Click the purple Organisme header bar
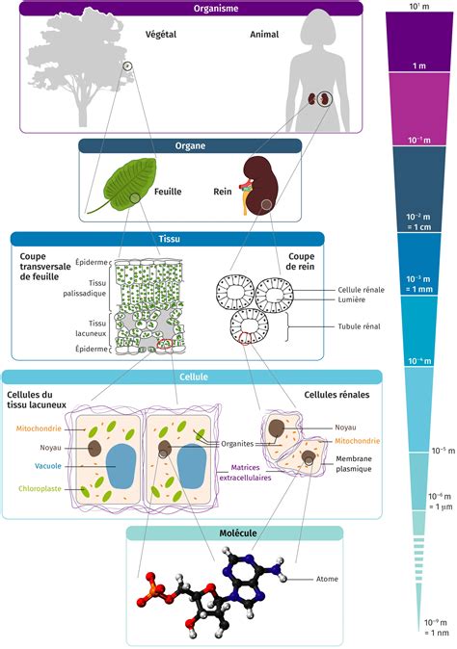pos(191,8)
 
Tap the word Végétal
pos(161,35)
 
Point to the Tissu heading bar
pos(168,239)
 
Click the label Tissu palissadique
pos(85,288)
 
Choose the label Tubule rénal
pos(359,326)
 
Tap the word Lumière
pos(351,299)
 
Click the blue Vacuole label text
pos(48,466)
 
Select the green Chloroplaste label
pos(40,489)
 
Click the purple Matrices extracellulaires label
pos(245,473)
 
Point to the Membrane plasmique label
pos(354,463)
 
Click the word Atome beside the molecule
pos(327,579)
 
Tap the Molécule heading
pos(238,533)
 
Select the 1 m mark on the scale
pos(418,65)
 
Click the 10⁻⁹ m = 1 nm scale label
pos(436,627)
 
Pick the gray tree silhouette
pos(79,62)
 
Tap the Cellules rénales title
pos(336,395)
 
